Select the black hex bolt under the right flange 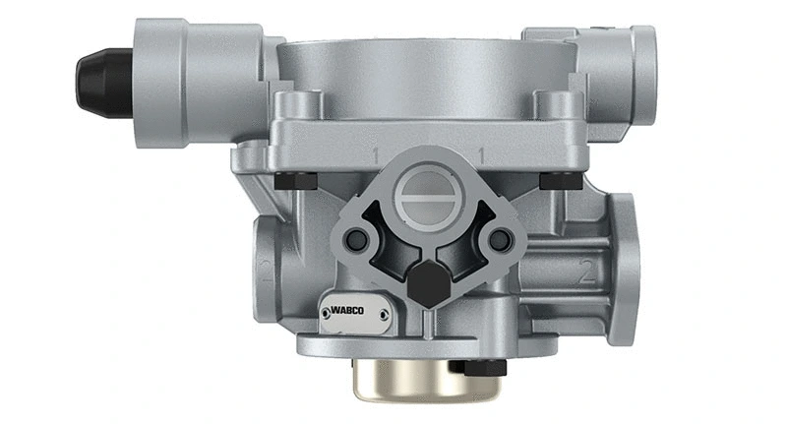(x=558, y=180)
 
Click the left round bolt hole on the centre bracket (x=358, y=240)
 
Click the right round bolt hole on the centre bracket (x=500, y=239)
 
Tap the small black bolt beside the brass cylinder (x=479, y=366)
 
